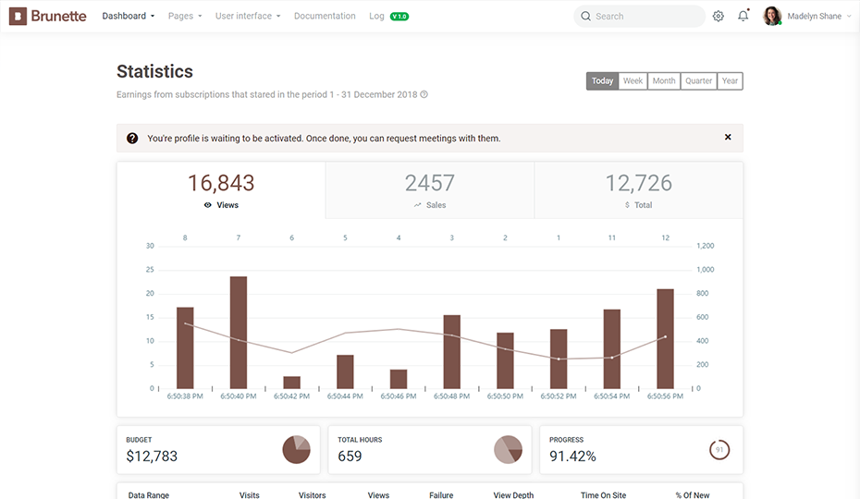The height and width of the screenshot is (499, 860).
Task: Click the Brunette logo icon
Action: point(18,16)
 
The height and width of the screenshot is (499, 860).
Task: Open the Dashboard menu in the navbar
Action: point(129,16)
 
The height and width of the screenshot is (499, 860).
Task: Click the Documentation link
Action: point(325,16)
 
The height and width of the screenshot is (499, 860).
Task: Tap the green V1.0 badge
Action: point(399,17)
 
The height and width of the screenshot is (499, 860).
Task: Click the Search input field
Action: point(640,17)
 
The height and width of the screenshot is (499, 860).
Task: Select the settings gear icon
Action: point(718,17)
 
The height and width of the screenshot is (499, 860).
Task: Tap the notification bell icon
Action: point(743,16)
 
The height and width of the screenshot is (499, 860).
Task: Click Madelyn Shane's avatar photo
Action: point(772,16)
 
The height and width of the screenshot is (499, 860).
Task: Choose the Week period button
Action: point(633,81)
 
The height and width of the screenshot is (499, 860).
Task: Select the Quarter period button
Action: point(699,81)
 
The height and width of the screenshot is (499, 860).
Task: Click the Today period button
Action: point(602,81)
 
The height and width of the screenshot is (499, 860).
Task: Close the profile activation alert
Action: point(728,137)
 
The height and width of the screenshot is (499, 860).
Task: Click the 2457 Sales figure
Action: point(430,183)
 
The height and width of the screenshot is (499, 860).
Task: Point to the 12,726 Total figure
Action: point(638,183)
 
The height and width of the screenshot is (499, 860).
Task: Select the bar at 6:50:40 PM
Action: point(239,333)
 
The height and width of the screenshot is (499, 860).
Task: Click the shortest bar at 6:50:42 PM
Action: point(292,383)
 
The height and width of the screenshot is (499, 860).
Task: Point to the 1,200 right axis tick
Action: point(706,246)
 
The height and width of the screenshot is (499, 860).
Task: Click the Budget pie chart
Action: point(296,450)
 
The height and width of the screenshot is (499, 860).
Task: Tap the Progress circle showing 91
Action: point(719,450)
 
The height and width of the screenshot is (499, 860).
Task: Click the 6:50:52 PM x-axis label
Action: point(559,396)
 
